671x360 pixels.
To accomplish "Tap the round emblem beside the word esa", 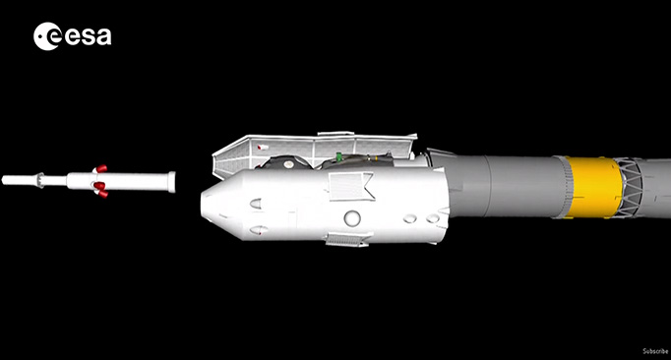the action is point(47,36).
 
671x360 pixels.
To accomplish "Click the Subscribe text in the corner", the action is point(655,351).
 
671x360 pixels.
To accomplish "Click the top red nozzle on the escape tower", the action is point(101,168).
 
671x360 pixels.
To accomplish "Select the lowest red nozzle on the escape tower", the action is point(102,194).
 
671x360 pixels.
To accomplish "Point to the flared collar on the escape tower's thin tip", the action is point(40,180).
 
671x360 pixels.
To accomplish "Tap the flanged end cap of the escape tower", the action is point(171,182).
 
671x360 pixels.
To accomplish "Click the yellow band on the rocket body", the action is point(593,187).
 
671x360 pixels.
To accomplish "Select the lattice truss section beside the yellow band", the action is point(628,188).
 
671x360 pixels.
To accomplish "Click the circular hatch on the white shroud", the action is point(352,218).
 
